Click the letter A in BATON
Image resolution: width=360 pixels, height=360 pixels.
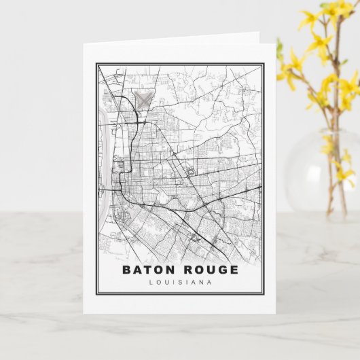tap(137, 270)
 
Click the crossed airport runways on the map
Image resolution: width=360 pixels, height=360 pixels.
tap(143, 99)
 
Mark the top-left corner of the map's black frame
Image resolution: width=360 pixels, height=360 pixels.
tap(97, 65)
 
